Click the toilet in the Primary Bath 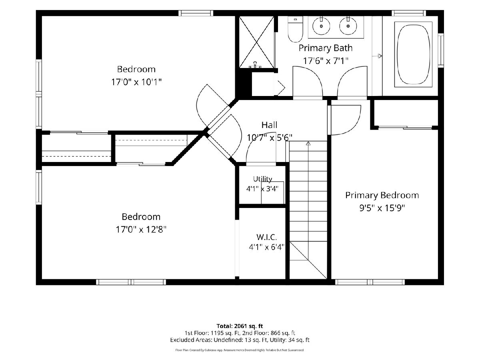click(295, 29)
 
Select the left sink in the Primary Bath click(321, 26)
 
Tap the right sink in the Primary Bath click(348, 26)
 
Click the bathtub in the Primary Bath click(413, 54)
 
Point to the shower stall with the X click(256, 42)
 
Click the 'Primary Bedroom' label click(382, 195)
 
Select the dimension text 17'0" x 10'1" click(136, 82)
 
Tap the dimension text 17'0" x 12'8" click(141, 230)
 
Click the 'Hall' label click(269, 125)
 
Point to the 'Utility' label click(262, 179)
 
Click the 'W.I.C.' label click(266, 237)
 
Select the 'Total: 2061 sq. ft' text click(240, 326)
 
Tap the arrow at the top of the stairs click(308, 143)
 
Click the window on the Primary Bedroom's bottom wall click(370, 282)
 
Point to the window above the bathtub click(409, 13)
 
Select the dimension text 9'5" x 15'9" click(382, 208)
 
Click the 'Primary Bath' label click(326, 48)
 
